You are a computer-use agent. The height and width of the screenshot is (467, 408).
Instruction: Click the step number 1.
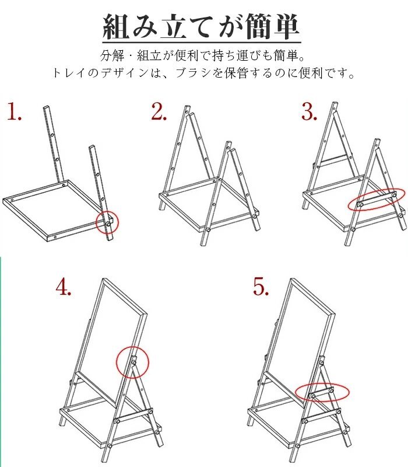tap(14, 111)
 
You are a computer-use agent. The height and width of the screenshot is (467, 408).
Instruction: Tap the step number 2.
tap(159, 111)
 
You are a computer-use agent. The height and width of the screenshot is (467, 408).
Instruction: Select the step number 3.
tap(309, 111)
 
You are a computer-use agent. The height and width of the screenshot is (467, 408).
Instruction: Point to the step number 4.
tap(64, 287)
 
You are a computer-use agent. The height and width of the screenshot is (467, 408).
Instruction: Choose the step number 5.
tap(261, 287)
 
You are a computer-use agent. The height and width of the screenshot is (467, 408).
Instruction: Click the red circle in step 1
tap(96, 222)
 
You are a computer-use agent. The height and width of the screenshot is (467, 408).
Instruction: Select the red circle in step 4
tap(116, 362)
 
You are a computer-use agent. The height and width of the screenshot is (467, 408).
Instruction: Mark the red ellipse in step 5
tap(296, 392)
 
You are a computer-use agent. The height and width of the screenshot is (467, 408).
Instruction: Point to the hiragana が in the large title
tap(229, 27)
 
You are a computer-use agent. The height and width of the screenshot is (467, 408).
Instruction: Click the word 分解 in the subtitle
tap(112, 55)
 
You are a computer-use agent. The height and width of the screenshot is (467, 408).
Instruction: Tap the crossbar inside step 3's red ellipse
tap(377, 200)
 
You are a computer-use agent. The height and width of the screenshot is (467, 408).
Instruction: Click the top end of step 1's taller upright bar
tap(47, 107)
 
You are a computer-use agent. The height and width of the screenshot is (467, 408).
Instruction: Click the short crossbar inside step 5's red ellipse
tap(322, 392)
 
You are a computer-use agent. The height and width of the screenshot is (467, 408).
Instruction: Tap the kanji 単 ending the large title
tap(285, 27)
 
